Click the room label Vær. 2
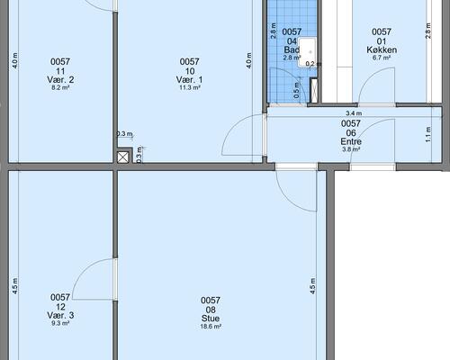[x=60, y=80]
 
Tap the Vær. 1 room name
[x=189, y=80]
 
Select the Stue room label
[x=211, y=319]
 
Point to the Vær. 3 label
[x=60, y=315]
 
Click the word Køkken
[x=382, y=49]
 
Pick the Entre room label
[x=351, y=141]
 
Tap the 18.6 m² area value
[x=211, y=327]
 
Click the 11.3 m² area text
[x=190, y=87]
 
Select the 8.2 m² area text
[x=60, y=87]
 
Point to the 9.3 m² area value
[x=60, y=323]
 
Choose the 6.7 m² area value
[x=382, y=58]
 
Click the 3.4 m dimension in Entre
[x=354, y=113]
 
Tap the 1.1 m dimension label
[x=428, y=134]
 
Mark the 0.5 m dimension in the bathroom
[x=296, y=90]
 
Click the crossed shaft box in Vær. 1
[x=123, y=157]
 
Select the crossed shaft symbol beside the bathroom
[x=313, y=90]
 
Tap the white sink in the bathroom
[x=307, y=52]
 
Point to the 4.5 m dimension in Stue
[x=313, y=286]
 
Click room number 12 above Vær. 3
[x=60, y=307]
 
